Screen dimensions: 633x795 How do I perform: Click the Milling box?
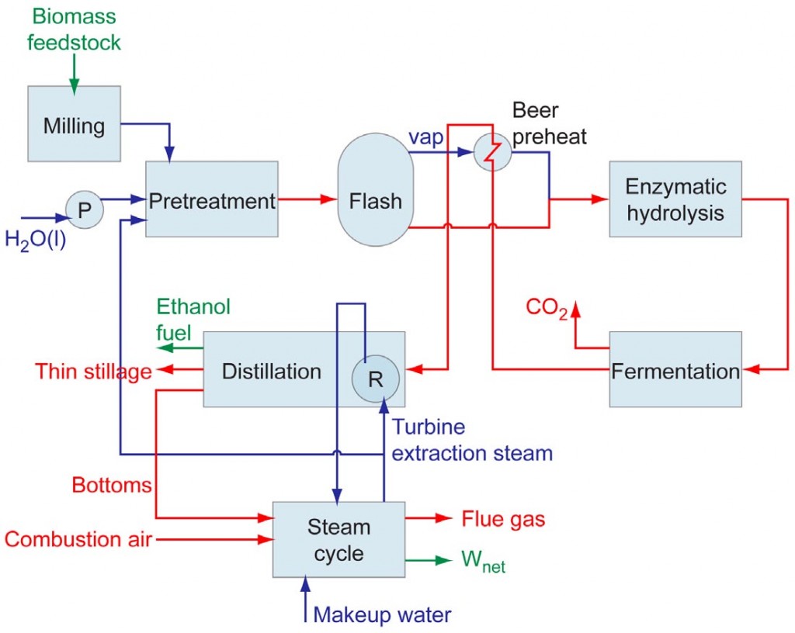(75, 124)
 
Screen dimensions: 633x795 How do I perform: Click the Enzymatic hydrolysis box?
(675, 199)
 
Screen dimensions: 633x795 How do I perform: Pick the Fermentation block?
(675, 370)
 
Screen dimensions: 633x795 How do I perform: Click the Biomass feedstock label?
(74, 28)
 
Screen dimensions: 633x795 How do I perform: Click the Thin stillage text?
(92, 372)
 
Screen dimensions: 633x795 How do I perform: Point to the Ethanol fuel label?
(193, 320)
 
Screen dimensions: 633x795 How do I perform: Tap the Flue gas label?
(503, 518)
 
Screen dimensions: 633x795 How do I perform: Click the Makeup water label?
(382, 615)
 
